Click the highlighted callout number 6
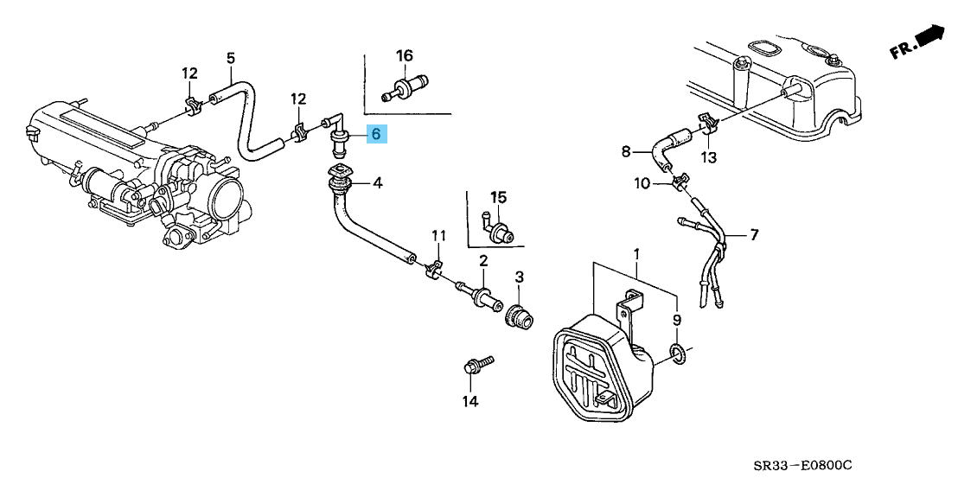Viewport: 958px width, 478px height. click(376, 135)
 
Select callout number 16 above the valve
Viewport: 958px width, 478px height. click(405, 56)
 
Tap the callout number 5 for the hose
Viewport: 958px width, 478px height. click(231, 58)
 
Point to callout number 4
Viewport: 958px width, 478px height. click(378, 182)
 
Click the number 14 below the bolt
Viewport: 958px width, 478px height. click(469, 400)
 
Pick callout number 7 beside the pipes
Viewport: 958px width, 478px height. click(754, 234)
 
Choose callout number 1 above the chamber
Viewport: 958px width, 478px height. click(636, 254)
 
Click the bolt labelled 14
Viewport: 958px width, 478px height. click(475, 364)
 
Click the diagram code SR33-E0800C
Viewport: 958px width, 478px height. click(891, 463)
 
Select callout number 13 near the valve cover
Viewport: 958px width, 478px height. click(709, 157)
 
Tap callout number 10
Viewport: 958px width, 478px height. click(641, 183)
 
